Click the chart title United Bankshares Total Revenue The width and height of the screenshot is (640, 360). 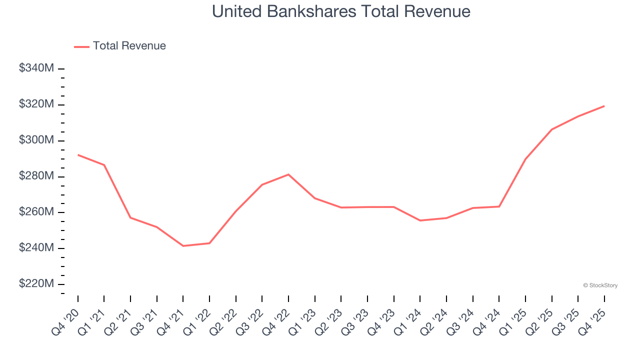pyautogui.click(x=341, y=11)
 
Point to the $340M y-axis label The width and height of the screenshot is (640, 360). pyautogui.click(x=36, y=68)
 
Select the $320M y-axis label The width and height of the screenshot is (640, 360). pyautogui.click(x=36, y=104)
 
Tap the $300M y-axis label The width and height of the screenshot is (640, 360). pyautogui.click(x=36, y=140)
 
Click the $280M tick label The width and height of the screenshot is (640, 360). pyautogui.click(x=36, y=176)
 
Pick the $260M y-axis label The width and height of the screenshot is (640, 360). pyautogui.click(x=36, y=212)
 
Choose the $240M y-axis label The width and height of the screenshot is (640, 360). pyautogui.click(x=36, y=248)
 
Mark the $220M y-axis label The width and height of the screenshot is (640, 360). pyautogui.click(x=36, y=284)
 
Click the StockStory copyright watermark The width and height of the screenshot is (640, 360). pyautogui.click(x=600, y=285)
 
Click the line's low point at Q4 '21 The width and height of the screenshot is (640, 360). pyautogui.click(x=183, y=246)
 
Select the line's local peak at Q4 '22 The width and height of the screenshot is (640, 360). pyautogui.click(x=288, y=174)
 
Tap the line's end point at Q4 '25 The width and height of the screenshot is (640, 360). pyautogui.click(x=604, y=106)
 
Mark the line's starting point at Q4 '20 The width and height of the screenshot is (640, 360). pyautogui.click(x=78, y=155)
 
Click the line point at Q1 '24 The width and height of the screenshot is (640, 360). pyautogui.click(x=420, y=220)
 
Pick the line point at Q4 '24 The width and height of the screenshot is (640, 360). pyautogui.click(x=499, y=206)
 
